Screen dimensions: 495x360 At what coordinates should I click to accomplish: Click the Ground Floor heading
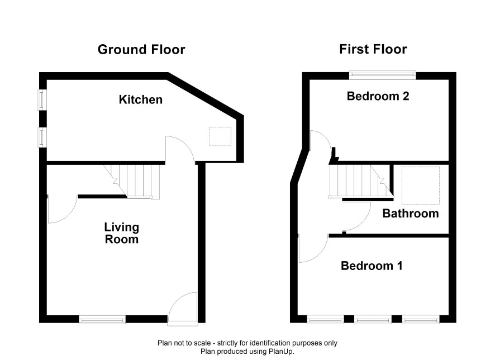141,50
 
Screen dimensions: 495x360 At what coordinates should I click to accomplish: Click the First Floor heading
373,49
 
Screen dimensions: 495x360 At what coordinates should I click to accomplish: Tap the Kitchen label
141,100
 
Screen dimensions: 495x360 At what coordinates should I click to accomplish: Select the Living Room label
122,233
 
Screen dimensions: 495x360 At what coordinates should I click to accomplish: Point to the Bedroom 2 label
378,96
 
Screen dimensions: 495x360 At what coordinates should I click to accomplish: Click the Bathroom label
411,214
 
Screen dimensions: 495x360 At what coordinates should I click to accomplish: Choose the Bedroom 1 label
372,266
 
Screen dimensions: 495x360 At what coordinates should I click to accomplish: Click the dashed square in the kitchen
220,136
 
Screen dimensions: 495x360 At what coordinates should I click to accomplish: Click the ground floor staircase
132,182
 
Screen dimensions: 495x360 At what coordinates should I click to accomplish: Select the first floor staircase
361,181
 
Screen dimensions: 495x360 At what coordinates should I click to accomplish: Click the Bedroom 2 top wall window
382,75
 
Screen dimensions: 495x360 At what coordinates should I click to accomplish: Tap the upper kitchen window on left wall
42,100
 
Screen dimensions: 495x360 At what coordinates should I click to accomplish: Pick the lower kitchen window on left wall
42,137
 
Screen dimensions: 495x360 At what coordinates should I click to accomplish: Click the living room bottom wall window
102,320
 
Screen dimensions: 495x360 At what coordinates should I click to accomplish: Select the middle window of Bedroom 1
373,320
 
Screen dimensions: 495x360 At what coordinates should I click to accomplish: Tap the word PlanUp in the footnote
281,351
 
